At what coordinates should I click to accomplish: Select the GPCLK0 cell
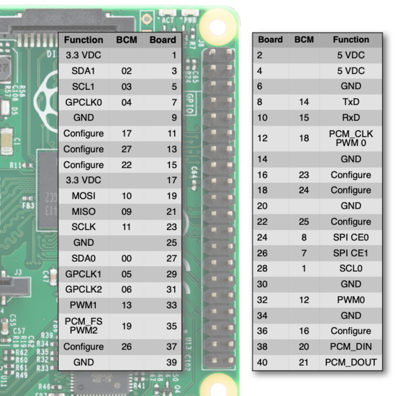[83, 102]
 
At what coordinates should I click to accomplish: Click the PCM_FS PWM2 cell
[83, 325]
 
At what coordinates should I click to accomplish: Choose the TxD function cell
[351, 102]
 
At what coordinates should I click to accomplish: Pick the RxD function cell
[351, 118]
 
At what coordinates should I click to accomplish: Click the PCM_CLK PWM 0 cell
[351, 138]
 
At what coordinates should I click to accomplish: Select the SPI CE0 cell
[351, 237]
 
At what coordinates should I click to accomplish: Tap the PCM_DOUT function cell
[351, 362]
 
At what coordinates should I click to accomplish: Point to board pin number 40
[262, 362]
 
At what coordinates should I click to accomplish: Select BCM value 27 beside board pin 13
[126, 149]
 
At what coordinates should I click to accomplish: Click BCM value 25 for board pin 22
[304, 221]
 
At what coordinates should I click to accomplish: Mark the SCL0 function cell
[351, 268]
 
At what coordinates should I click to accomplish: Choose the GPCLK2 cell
[83, 290]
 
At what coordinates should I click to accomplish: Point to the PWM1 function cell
[83, 305]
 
